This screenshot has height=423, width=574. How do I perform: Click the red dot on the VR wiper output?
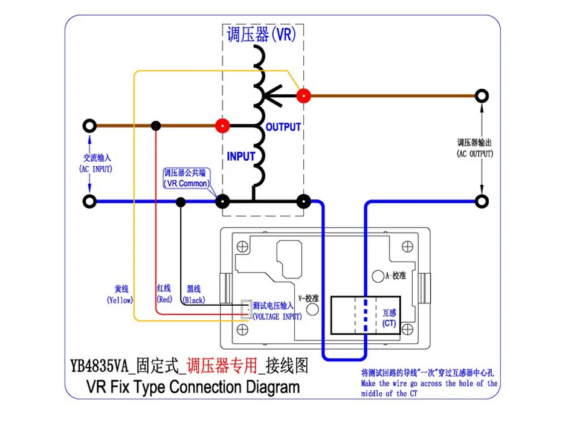(303, 96)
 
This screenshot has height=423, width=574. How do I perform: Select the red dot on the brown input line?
(222, 126)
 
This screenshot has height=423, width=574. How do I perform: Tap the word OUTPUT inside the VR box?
(283, 127)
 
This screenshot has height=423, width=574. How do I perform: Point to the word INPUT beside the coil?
(241, 157)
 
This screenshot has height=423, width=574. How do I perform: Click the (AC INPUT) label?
(95, 169)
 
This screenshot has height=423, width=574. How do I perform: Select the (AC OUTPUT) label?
(475, 154)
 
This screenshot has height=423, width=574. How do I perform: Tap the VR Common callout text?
(187, 183)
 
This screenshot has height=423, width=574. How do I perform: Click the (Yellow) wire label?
(120, 300)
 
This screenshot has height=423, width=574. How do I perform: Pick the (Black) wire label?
(194, 300)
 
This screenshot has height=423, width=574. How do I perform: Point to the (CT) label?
(389, 323)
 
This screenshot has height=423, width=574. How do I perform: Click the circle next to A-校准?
(378, 276)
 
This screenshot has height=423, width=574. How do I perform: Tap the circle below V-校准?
(312, 309)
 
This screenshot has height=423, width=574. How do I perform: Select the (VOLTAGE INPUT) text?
(277, 317)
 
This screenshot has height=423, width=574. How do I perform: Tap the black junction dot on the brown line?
(156, 126)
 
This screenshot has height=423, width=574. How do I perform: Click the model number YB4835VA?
(99, 366)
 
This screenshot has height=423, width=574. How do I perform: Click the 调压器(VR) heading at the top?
(262, 34)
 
